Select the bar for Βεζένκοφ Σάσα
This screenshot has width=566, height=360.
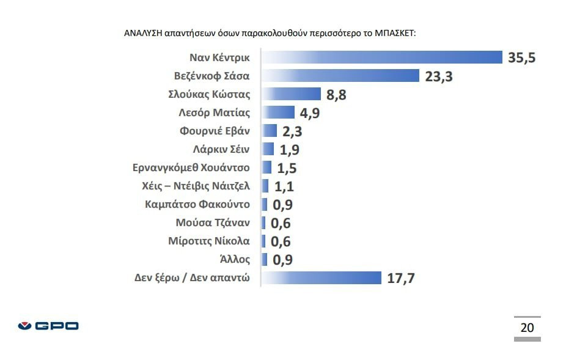[340, 76]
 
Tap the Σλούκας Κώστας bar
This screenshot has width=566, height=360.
[291, 94]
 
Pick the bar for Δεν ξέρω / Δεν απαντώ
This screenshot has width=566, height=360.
[321, 278]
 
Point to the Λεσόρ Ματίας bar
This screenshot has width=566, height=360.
[278, 112]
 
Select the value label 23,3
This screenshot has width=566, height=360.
[438, 76]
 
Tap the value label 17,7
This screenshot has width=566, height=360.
[401, 279]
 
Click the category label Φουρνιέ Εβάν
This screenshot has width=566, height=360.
[215, 131]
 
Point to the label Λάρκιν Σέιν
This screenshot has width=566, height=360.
[221, 149]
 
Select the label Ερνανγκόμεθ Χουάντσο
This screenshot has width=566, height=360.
[192, 167]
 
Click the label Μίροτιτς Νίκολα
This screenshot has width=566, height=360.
[209, 241]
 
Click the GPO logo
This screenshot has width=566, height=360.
[48, 326]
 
